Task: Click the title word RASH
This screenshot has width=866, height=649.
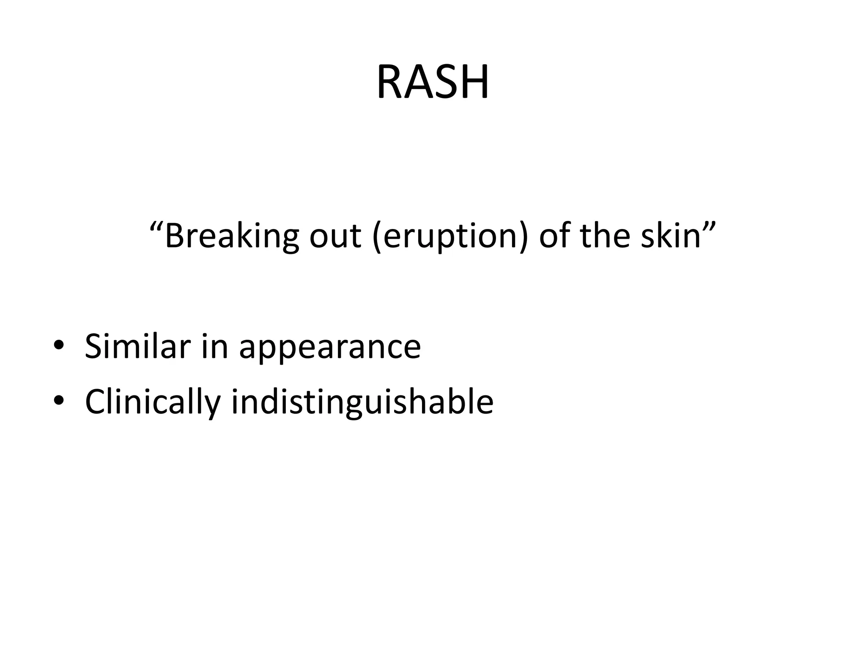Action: (x=433, y=82)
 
